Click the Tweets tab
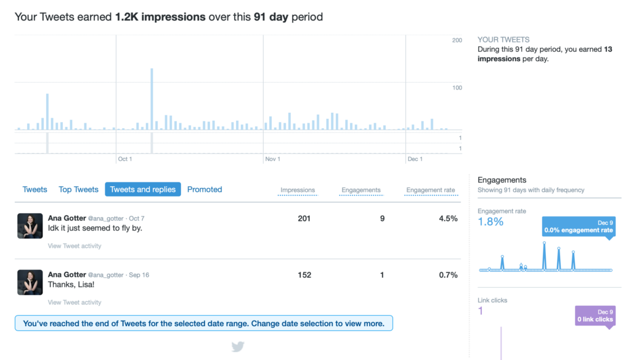tap(35, 189)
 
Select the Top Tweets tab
tap(78, 189)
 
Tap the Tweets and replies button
tap(143, 189)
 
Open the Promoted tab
tap(205, 189)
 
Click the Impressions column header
tap(298, 190)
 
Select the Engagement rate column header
tap(431, 190)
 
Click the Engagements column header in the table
tap(361, 190)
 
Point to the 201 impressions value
tap(304, 218)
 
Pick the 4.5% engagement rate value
tap(448, 218)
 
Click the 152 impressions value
tap(304, 275)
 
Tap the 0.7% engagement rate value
tap(448, 275)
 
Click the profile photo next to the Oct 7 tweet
tap(30, 226)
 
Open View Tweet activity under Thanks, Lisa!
tap(75, 302)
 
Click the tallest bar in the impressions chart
tap(152, 99)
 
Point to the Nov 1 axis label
tap(272, 159)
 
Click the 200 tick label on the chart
tap(457, 40)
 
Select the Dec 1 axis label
tap(415, 159)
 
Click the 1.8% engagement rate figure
tap(491, 222)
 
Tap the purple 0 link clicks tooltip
tap(595, 316)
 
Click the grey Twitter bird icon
tap(238, 346)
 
